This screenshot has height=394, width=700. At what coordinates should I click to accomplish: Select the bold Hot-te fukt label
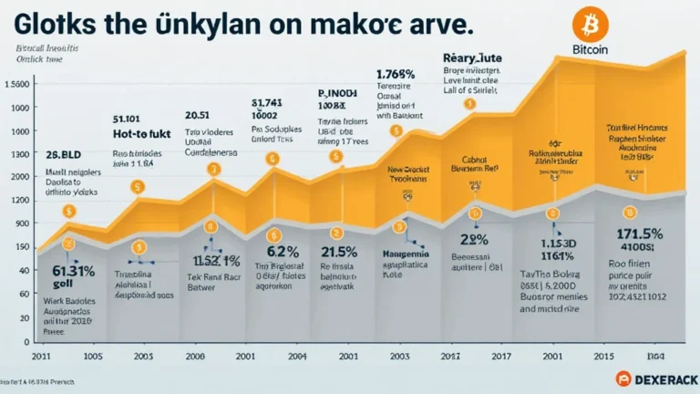[142, 134]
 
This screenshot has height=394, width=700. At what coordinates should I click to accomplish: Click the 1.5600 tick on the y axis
[18, 85]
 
